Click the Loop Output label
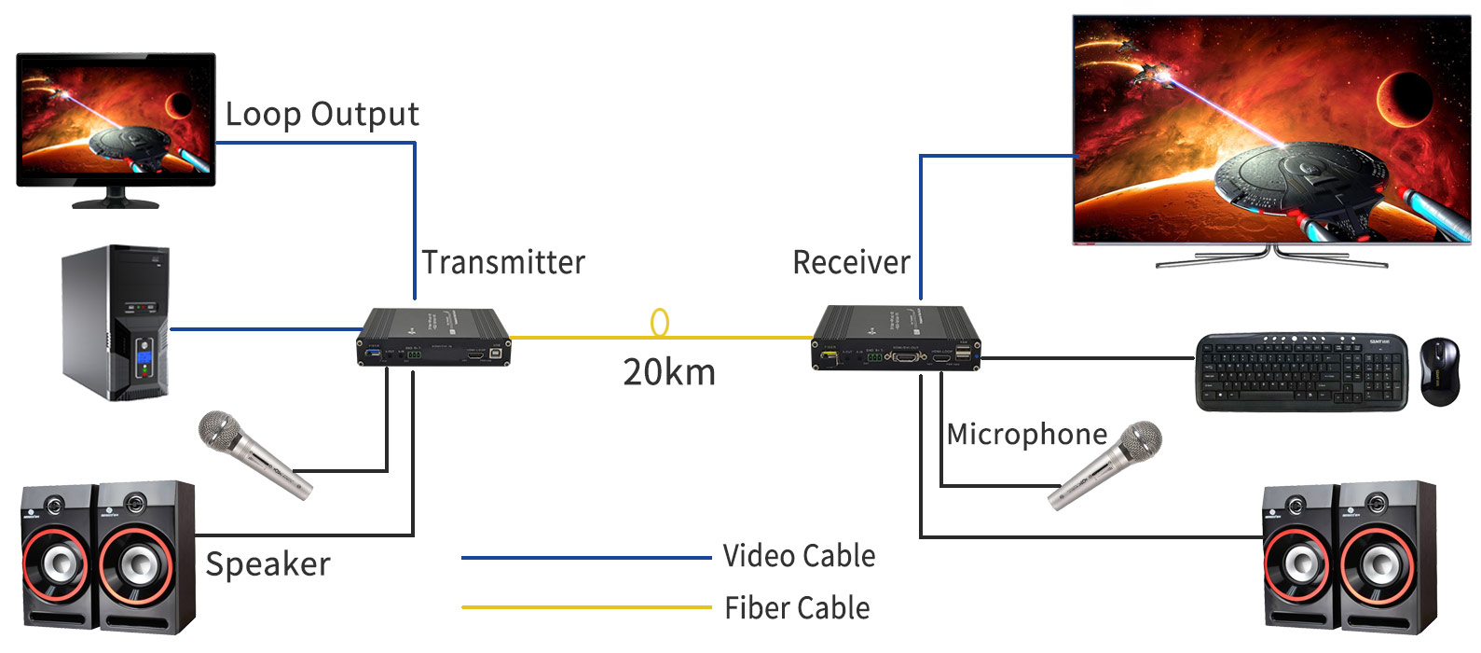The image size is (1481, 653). [322, 115]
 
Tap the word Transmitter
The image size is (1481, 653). [503, 263]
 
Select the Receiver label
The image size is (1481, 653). [851, 263]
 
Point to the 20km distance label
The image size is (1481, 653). [669, 372]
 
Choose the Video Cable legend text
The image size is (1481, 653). [799, 556]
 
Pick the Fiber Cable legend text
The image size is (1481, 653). [797, 608]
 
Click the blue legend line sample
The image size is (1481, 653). [586, 558]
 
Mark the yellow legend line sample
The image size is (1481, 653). [586, 606]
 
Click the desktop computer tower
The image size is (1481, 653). [116, 322]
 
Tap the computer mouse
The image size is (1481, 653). [1440, 371]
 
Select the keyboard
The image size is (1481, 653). [1301, 372]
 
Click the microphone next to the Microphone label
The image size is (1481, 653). [1104, 465]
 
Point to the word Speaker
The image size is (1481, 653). [267, 564]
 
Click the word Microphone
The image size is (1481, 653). [1027, 435]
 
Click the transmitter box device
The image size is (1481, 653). [433, 337]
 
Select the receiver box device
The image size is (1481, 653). [896, 338]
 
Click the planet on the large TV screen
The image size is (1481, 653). [1405, 99]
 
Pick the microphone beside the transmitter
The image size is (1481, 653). [255, 455]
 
